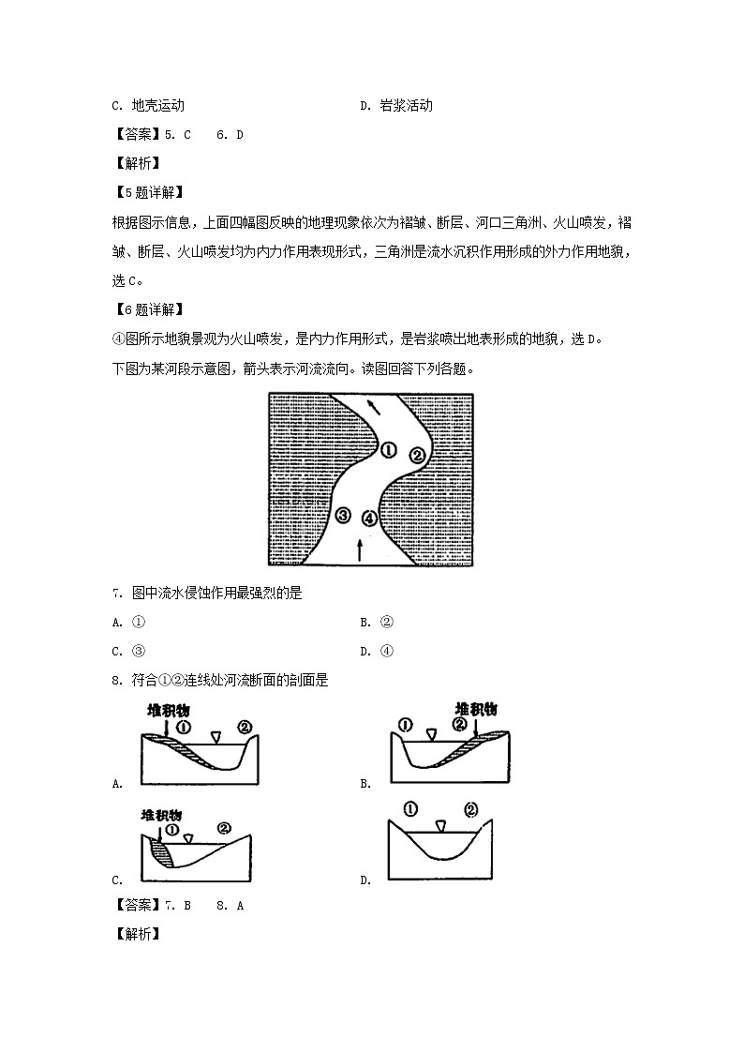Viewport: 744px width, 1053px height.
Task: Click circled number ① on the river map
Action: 390,450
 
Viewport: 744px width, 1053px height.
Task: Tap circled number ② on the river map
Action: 418,456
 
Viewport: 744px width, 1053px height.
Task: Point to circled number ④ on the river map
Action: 370,518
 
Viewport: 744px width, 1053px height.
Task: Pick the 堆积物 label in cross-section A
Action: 169,711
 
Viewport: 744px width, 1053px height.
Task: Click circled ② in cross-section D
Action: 470,809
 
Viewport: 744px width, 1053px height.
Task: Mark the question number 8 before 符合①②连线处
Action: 115,680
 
